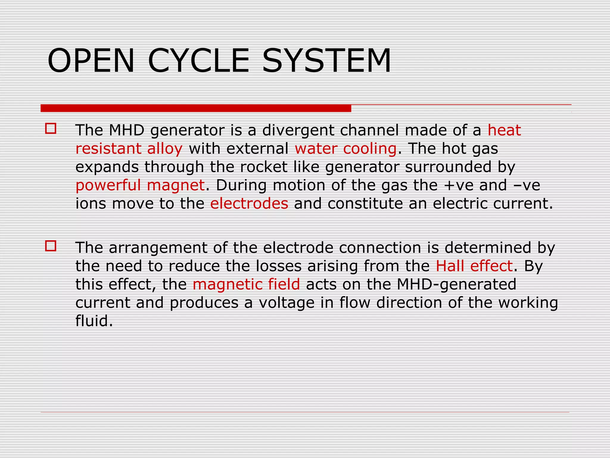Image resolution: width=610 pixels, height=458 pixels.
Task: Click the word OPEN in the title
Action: click(x=91, y=61)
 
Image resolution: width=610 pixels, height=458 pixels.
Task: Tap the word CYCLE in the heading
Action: click(x=198, y=61)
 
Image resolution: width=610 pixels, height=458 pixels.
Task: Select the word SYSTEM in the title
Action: click(x=326, y=61)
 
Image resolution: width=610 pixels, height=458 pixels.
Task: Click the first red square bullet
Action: click(x=51, y=129)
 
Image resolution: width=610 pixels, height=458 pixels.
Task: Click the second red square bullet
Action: click(x=51, y=246)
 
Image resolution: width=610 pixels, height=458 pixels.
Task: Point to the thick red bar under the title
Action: click(x=196, y=108)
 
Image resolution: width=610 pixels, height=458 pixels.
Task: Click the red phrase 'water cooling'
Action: click(x=346, y=148)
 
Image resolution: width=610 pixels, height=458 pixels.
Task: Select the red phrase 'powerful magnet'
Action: click(x=140, y=185)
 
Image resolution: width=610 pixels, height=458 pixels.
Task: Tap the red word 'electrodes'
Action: click(x=249, y=203)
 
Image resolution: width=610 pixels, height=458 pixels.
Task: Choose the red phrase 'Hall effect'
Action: click(x=474, y=266)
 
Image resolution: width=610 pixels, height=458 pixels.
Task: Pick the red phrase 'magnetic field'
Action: click(x=246, y=284)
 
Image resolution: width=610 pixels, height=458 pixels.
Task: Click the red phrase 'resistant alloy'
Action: click(x=129, y=148)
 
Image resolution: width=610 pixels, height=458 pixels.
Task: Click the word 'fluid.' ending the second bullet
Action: click(x=94, y=321)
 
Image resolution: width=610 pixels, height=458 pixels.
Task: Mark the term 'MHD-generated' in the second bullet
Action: click(x=456, y=284)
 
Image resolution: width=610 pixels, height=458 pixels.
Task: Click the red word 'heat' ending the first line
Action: click(x=504, y=130)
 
